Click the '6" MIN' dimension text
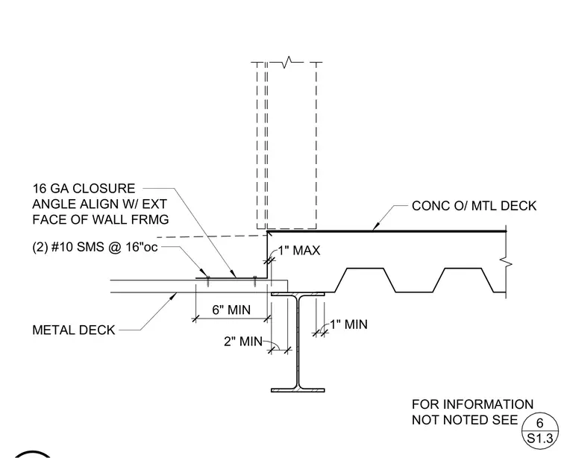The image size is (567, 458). click(x=231, y=310)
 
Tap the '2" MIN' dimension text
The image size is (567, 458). click(x=243, y=341)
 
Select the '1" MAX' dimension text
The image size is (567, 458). click(x=299, y=250)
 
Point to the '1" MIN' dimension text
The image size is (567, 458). click(x=348, y=324)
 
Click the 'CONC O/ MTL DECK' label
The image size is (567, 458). click(x=474, y=206)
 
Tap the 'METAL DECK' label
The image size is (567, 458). click(x=73, y=330)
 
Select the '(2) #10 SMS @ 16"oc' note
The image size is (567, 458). click(x=95, y=247)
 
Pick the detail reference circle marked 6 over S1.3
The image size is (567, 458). click(x=539, y=431)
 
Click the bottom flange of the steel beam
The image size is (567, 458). click(x=298, y=390)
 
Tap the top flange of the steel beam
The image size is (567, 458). click(x=298, y=294)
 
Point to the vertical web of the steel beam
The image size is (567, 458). click(x=298, y=342)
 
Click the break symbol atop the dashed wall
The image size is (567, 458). click(x=288, y=62)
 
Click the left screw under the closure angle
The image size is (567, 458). click(x=208, y=282)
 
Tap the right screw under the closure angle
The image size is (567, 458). click(x=255, y=282)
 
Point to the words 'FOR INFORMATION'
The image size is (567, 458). click(x=472, y=404)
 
